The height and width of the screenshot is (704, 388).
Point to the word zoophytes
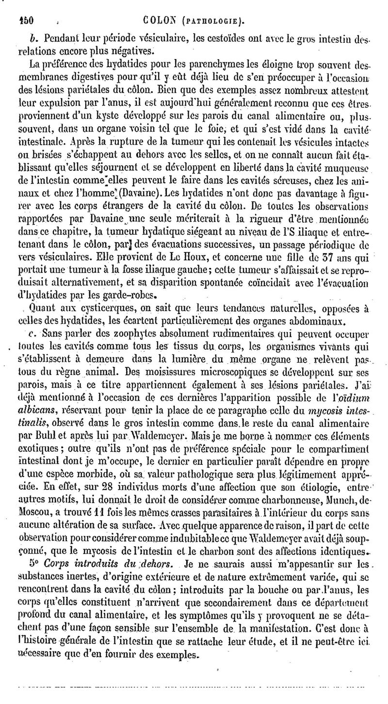pyautogui.click(x=114, y=333)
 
